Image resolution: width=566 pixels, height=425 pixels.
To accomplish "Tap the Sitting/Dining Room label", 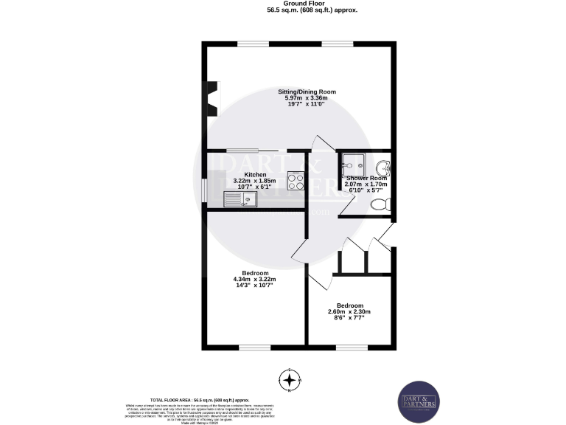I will coord(307,91).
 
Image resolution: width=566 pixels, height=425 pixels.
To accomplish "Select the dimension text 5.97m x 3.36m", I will coord(307,98).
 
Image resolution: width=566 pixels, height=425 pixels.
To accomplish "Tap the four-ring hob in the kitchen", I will coord(296,181).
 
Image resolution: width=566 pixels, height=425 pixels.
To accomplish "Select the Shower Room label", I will coord(366,179).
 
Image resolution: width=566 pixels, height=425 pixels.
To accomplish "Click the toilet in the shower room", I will coord(380,204).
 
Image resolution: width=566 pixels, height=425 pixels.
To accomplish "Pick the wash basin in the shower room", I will coord(385,165).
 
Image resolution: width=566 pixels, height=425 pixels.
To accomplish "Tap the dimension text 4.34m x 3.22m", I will coord(254,280).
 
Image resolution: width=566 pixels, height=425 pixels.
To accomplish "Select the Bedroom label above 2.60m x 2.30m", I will coord(350,305).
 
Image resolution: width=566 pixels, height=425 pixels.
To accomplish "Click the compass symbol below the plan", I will coord(291,380).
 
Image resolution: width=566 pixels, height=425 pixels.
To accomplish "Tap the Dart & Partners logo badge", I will coord(418,403).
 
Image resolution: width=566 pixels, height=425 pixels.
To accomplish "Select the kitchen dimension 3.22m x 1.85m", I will coord(255,181).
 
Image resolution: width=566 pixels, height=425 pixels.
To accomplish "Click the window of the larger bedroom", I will coord(254,347).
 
